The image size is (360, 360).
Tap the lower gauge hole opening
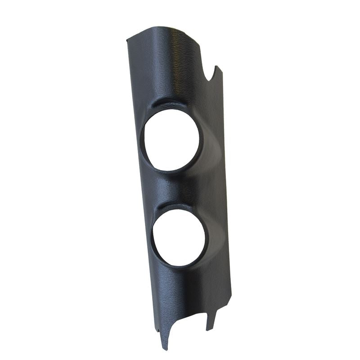(x=179, y=237)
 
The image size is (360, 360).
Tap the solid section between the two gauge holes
(x=180, y=187)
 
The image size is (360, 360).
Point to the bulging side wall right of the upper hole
(x=211, y=144)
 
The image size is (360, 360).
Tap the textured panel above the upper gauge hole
(x=166, y=67)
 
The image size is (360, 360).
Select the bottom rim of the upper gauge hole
(x=173, y=170)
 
